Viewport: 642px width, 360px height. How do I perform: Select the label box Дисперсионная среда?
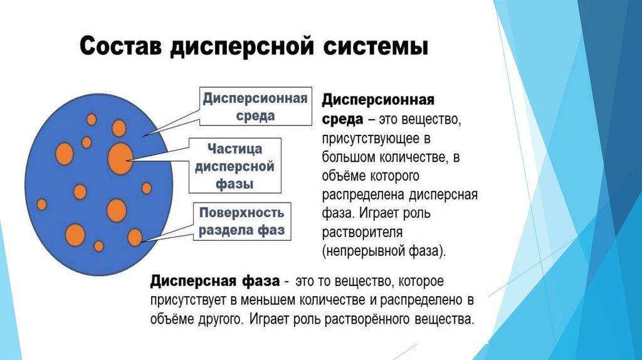(x=255, y=107)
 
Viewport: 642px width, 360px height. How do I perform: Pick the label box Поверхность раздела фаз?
(x=241, y=221)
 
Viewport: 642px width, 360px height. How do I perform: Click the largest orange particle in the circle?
(x=120, y=159)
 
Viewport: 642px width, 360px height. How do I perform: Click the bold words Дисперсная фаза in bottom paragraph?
(x=213, y=280)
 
